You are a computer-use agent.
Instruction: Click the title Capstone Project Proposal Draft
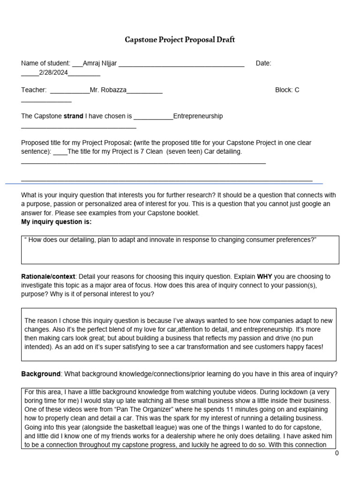tap(180, 40)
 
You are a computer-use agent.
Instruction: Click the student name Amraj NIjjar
tap(100, 63)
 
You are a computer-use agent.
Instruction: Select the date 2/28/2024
tap(53, 72)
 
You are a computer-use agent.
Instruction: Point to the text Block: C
tap(287, 90)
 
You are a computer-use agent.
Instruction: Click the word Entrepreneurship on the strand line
tap(198, 116)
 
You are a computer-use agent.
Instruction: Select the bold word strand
tap(73, 116)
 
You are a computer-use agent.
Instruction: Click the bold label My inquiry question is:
tap(56, 222)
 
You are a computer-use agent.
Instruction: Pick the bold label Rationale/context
tap(49, 277)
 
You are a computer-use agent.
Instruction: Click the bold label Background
tap(41, 374)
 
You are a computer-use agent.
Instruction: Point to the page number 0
tap(337, 453)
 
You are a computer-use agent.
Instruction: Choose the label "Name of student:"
tap(45, 63)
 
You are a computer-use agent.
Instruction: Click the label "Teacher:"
tap(34, 90)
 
